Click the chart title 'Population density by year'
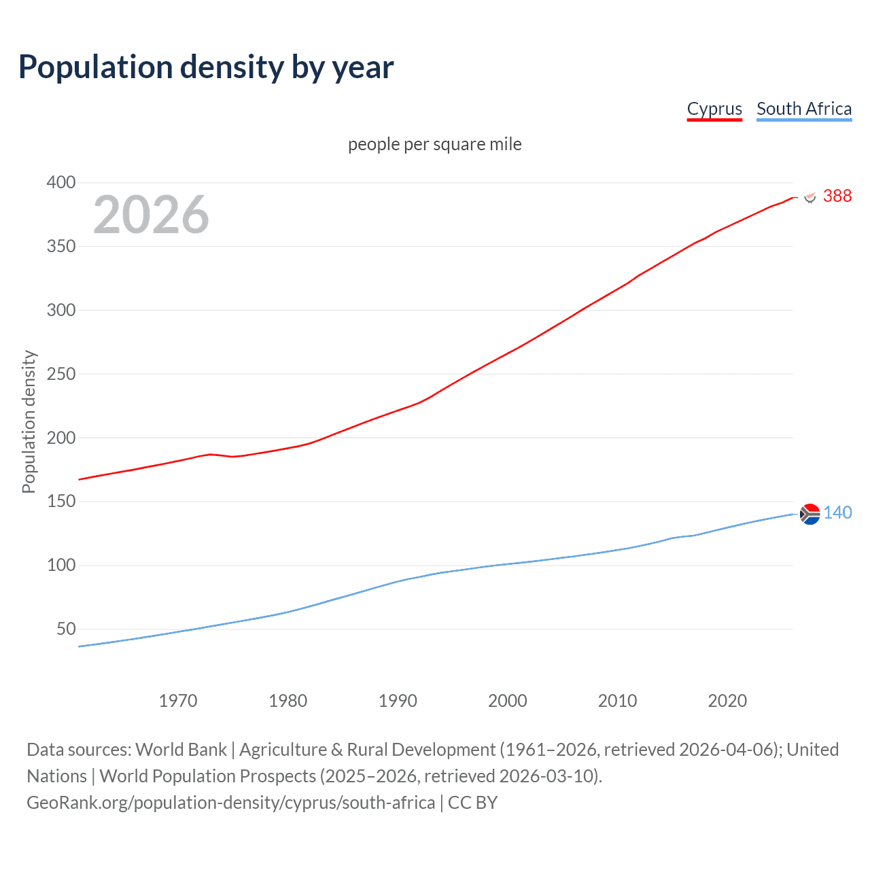coord(206,67)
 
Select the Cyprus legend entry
coord(714,109)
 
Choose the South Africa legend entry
coord(803,109)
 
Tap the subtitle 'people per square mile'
coord(434,144)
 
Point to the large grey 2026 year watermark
coord(151,215)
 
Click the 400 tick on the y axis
coord(61,182)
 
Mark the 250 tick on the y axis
coord(61,374)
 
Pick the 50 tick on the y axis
coord(66,629)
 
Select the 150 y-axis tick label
coord(61,501)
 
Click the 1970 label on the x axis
coord(178,701)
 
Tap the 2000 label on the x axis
coord(508,701)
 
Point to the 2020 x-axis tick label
coord(727,701)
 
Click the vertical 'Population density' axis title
coord(29,421)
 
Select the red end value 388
coord(837,196)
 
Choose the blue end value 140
coord(837,512)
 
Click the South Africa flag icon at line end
coord(810,515)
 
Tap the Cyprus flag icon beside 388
coord(810,196)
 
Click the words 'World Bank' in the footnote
coord(181,749)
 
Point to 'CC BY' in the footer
coord(472,803)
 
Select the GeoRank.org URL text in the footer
coord(230,803)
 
